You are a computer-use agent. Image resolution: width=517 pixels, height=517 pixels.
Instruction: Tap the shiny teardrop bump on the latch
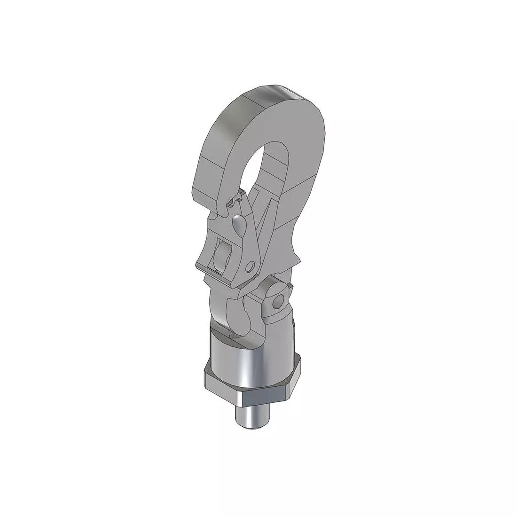(x=239, y=226)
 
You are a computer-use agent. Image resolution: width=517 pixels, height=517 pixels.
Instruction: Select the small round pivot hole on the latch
(x=252, y=265)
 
